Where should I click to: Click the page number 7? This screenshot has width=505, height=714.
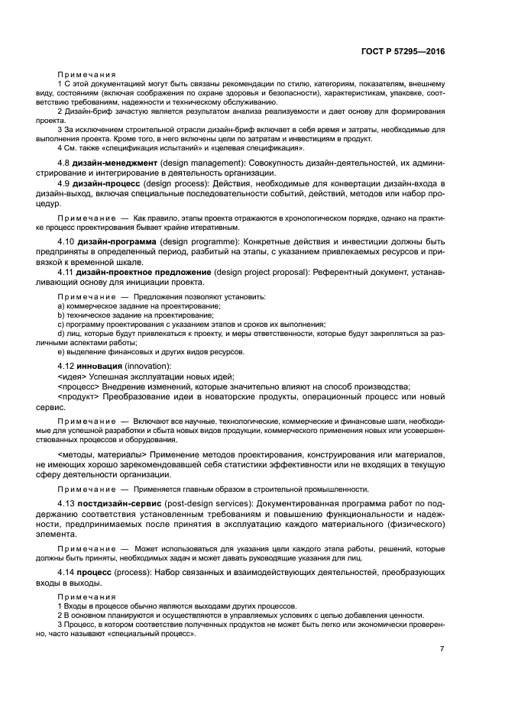click(442, 649)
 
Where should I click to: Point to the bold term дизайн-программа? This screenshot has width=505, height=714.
click(117, 242)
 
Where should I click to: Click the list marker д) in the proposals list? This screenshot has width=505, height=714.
click(60, 333)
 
